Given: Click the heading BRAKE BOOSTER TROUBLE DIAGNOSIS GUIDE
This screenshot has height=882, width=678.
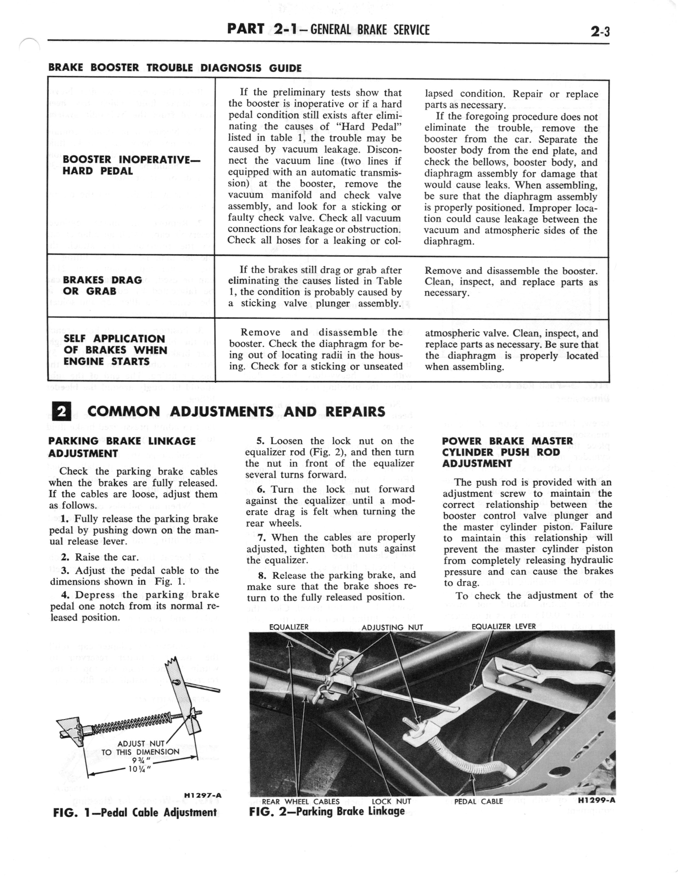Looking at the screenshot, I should click(175, 68).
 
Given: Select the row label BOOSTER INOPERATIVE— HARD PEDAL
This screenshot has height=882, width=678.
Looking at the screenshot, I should click(131, 165).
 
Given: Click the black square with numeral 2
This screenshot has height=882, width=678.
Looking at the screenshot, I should click(62, 412).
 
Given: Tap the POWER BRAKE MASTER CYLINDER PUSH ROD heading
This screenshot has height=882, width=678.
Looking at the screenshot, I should click(507, 452).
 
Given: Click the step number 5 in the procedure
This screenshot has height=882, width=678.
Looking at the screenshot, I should click(260, 441).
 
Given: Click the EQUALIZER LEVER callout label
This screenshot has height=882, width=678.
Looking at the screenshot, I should click(503, 626).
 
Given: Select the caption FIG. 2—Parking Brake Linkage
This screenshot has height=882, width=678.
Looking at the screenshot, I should click(326, 811).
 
